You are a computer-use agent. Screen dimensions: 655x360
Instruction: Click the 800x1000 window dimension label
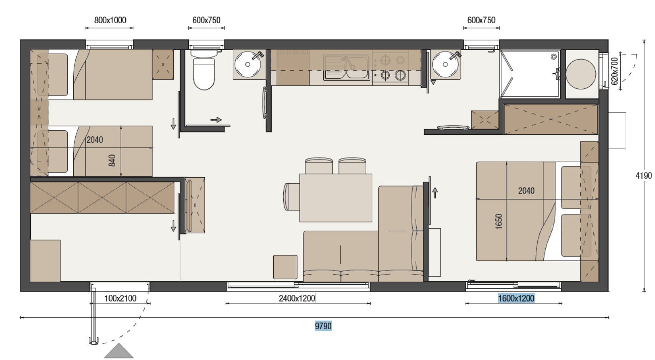pyautogui.click(x=110, y=20)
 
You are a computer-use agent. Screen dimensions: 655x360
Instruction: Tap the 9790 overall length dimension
pyautogui.click(x=323, y=326)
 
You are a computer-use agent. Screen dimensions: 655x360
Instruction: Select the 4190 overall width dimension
pyautogui.click(x=643, y=176)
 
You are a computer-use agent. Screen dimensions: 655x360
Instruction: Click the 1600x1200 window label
pyautogui.click(x=516, y=298)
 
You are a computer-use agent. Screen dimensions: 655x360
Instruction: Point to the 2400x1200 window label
pyautogui.click(x=297, y=298)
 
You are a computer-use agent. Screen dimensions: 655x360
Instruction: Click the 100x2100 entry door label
pyautogui.click(x=120, y=298)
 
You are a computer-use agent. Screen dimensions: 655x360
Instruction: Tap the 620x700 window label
pyautogui.click(x=615, y=71)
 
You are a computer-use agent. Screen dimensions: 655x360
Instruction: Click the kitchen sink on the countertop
pyautogui.click(x=346, y=67)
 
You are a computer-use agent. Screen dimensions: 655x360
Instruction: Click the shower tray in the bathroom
pyautogui.click(x=530, y=74)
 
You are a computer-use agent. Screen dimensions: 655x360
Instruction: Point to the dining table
pyautogui.click(x=336, y=198)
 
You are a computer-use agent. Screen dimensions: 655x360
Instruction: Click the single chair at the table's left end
pyautogui.click(x=292, y=197)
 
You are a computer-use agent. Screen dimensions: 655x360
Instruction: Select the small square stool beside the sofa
pyautogui.click(x=285, y=267)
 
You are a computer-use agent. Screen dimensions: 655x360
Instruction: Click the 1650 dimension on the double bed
pyautogui.click(x=499, y=222)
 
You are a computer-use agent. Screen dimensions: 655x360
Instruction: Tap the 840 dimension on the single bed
pyautogui.click(x=112, y=160)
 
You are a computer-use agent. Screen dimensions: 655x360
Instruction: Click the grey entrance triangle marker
pyautogui.click(x=119, y=351)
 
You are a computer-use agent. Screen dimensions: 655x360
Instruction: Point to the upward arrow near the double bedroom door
pyautogui.click(x=435, y=193)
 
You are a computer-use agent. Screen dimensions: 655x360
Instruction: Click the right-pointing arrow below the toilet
pyautogui.click(x=216, y=120)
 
